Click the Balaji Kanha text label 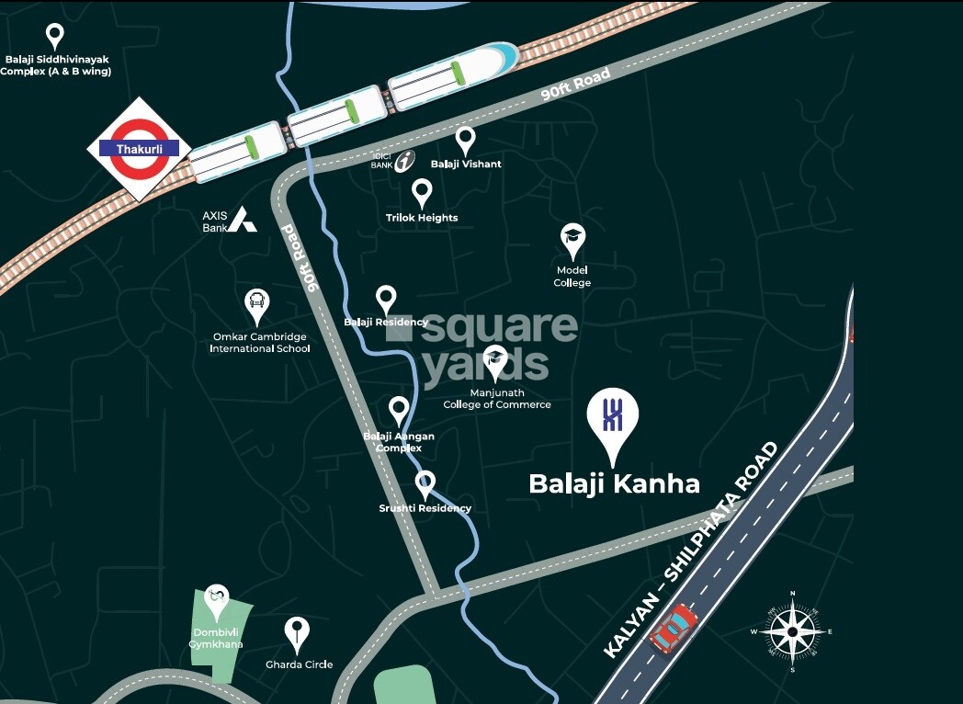pyautogui.click(x=614, y=483)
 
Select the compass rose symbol pyautogui.click(x=792, y=631)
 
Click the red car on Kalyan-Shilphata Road pyautogui.click(x=673, y=628)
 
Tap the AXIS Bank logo pyautogui.click(x=242, y=219)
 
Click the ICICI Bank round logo pyautogui.click(x=404, y=163)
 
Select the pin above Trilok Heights pyautogui.click(x=422, y=192)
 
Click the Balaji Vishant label pyautogui.click(x=466, y=164)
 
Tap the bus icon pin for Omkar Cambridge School pyautogui.click(x=256, y=304)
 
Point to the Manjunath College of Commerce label pyautogui.click(x=497, y=399)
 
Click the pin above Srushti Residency pyautogui.click(x=425, y=483)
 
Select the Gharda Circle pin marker pyautogui.click(x=296, y=631)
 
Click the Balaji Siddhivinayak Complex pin pyautogui.click(x=55, y=36)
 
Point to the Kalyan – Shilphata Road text pyautogui.click(x=690, y=551)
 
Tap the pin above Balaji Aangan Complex pyautogui.click(x=398, y=410)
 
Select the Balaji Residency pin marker pyautogui.click(x=386, y=299)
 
